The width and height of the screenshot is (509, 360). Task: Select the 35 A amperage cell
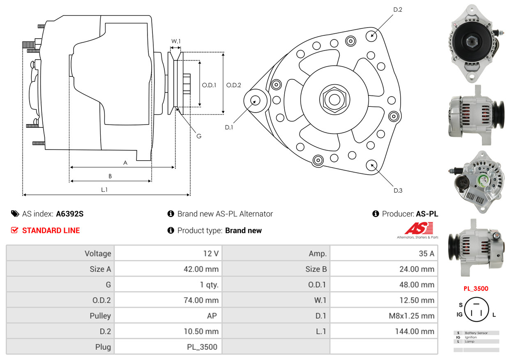(x=426, y=254)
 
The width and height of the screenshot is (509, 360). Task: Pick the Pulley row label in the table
(x=100, y=316)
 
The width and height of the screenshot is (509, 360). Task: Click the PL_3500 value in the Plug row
(x=202, y=347)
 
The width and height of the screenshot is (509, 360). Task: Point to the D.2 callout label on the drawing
(x=397, y=9)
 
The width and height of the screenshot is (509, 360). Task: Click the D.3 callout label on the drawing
(x=398, y=190)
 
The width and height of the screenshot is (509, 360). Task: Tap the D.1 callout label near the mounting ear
(x=229, y=127)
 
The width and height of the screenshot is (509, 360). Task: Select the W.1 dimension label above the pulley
(x=176, y=41)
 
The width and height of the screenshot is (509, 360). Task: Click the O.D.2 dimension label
(x=233, y=85)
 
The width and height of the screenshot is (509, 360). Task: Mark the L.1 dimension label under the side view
(x=104, y=189)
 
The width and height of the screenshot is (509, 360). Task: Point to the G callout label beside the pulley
(x=198, y=136)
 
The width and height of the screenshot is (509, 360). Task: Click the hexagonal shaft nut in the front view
(x=333, y=99)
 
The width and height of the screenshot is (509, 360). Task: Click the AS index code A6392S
(x=69, y=214)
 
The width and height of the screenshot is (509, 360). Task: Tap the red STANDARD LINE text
(x=51, y=231)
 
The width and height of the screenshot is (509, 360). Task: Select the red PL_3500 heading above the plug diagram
(x=476, y=288)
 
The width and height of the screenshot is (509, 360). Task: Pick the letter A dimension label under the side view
(x=125, y=163)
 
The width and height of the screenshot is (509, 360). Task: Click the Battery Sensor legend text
(x=476, y=333)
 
